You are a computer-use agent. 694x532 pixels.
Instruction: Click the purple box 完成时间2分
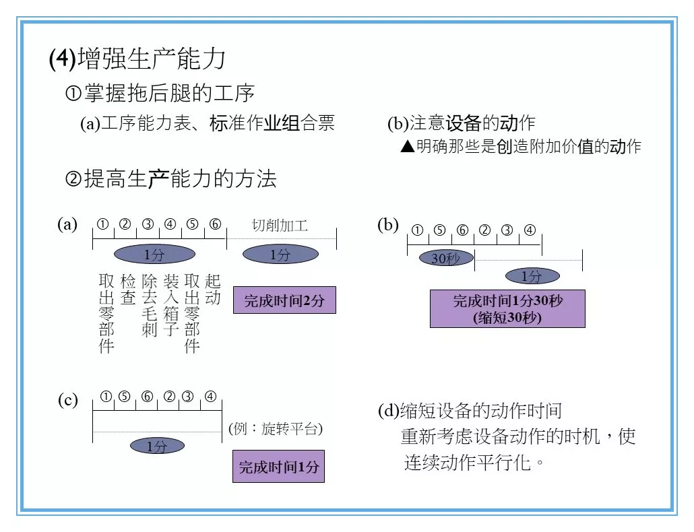point(284,300)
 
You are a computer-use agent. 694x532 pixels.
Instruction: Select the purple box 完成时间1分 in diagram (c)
point(278,466)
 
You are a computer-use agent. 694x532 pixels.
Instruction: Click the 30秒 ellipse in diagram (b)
point(446,258)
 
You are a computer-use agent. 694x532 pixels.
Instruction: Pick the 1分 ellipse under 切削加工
point(280,255)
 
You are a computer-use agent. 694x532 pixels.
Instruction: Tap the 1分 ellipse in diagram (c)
point(156,446)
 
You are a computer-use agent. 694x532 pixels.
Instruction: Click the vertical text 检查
point(127,289)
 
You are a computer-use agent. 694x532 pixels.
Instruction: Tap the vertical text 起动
point(213,289)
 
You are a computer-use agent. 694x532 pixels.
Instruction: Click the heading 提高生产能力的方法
point(170,179)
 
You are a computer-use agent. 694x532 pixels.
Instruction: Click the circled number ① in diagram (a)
point(103,224)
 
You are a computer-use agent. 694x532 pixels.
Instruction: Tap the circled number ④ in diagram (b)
point(530,230)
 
